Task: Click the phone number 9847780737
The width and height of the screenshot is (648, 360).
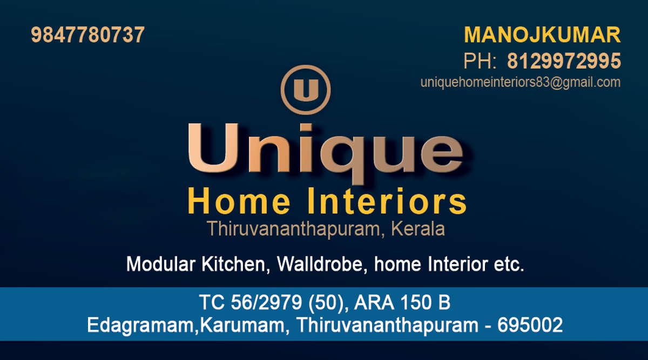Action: tap(87, 35)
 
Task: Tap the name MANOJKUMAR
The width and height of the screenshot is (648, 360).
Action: tap(542, 35)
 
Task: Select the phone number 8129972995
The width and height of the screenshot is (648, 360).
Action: tap(564, 61)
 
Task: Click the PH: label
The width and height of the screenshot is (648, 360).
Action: tap(480, 61)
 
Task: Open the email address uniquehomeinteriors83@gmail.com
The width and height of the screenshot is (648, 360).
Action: tap(521, 83)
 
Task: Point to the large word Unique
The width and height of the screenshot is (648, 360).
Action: tap(326, 153)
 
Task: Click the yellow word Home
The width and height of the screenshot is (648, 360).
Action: tap(239, 201)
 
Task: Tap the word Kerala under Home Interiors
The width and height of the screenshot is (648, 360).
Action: tap(418, 229)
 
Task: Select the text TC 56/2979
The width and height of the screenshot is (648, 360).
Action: tap(251, 302)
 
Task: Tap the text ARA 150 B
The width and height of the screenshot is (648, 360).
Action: tap(402, 302)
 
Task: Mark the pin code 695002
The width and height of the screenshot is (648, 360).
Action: tap(530, 325)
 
